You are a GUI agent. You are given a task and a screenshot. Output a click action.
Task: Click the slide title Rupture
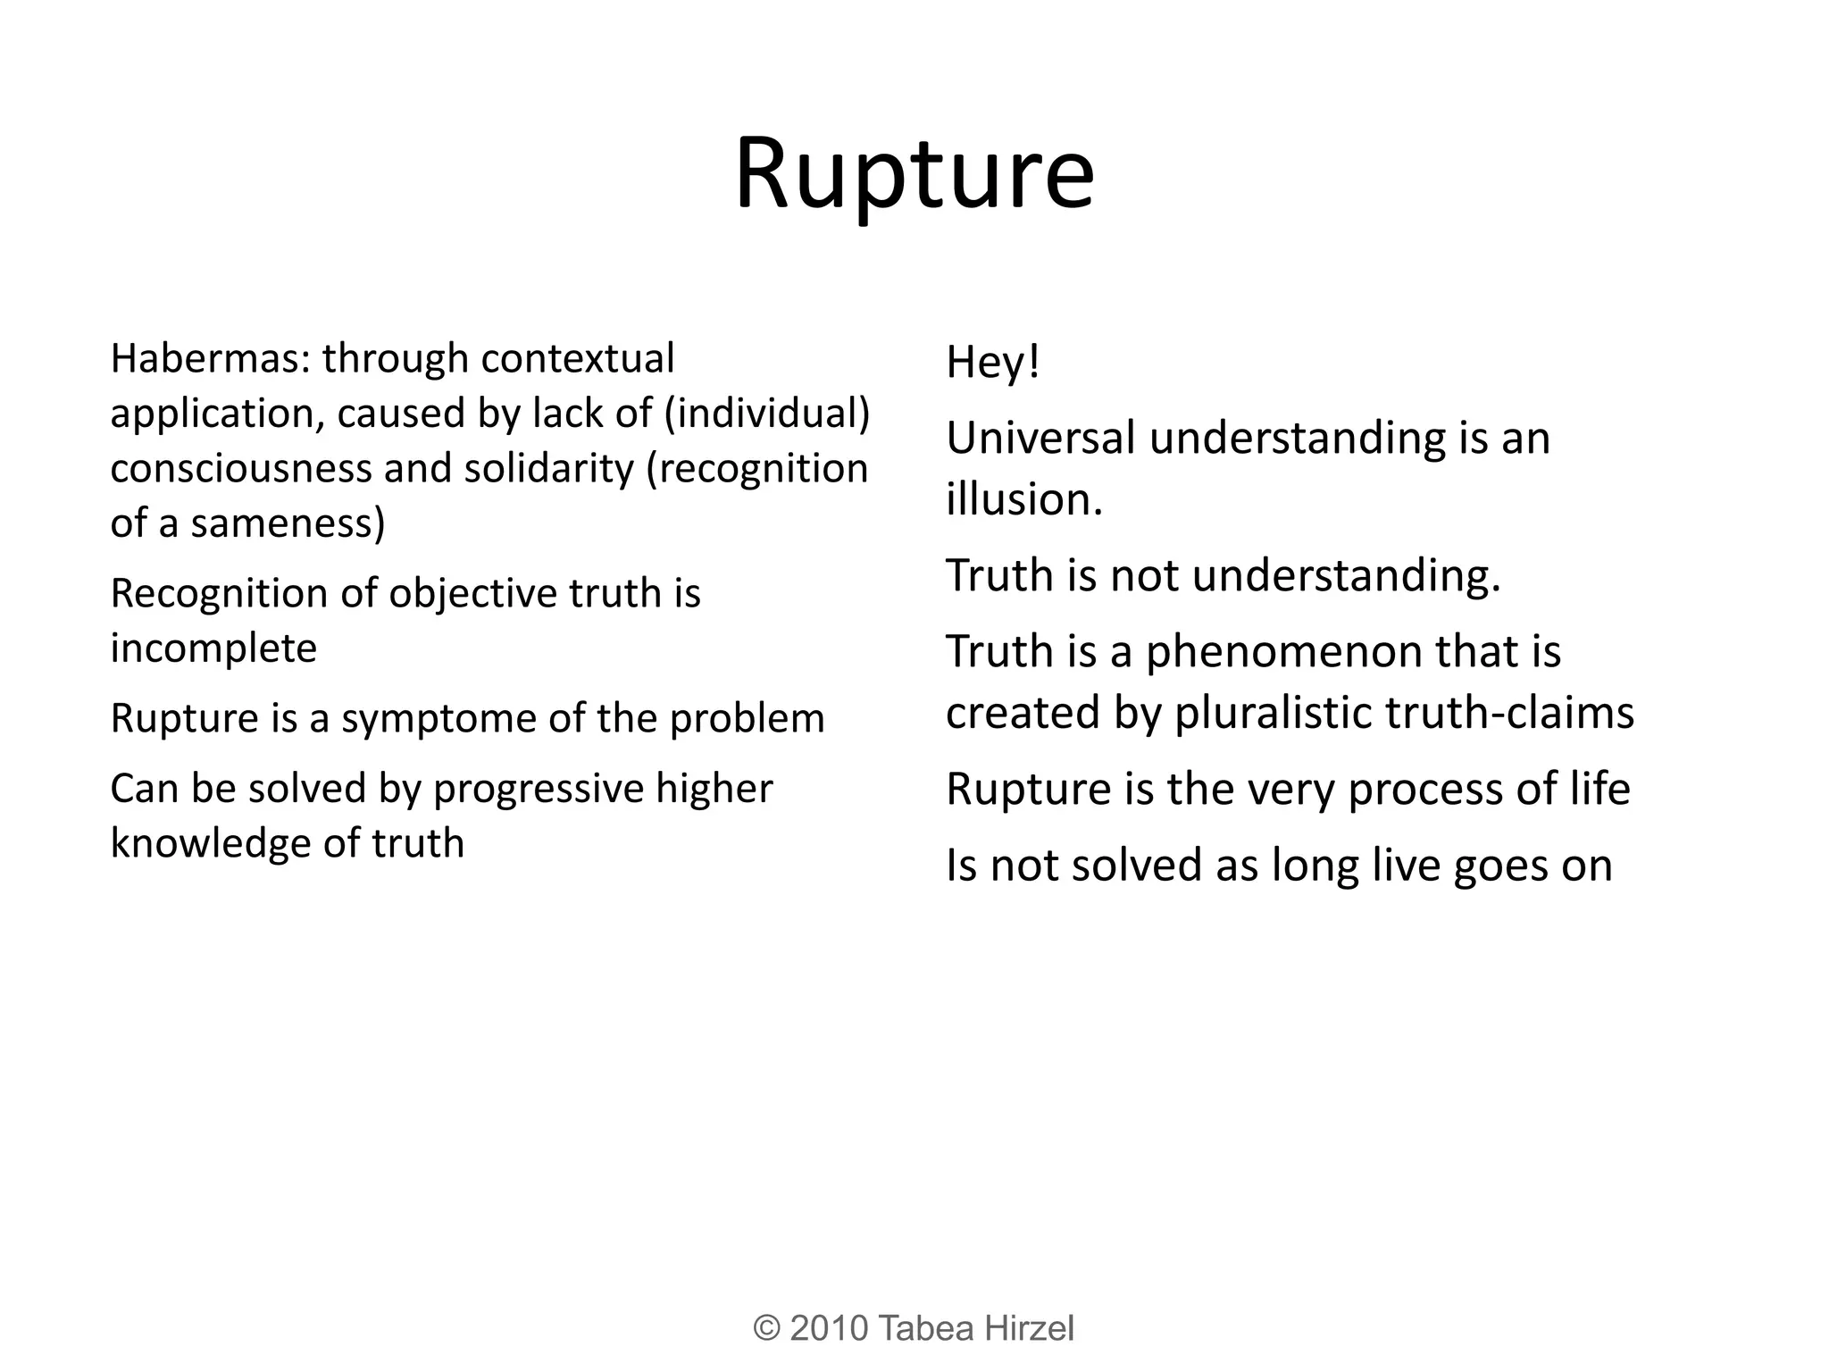coord(914,174)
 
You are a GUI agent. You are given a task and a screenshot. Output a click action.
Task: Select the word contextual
coord(577,359)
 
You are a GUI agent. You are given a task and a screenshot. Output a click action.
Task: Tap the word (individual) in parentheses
coord(767,414)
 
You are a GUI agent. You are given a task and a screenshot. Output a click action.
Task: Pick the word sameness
coord(288,523)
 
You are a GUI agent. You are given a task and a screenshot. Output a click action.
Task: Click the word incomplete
coord(213,648)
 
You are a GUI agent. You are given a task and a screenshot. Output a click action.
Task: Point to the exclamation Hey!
coord(993,363)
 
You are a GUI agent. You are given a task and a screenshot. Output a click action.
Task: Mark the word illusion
coord(1024,499)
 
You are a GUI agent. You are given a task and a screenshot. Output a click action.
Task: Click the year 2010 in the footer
coord(829,1328)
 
